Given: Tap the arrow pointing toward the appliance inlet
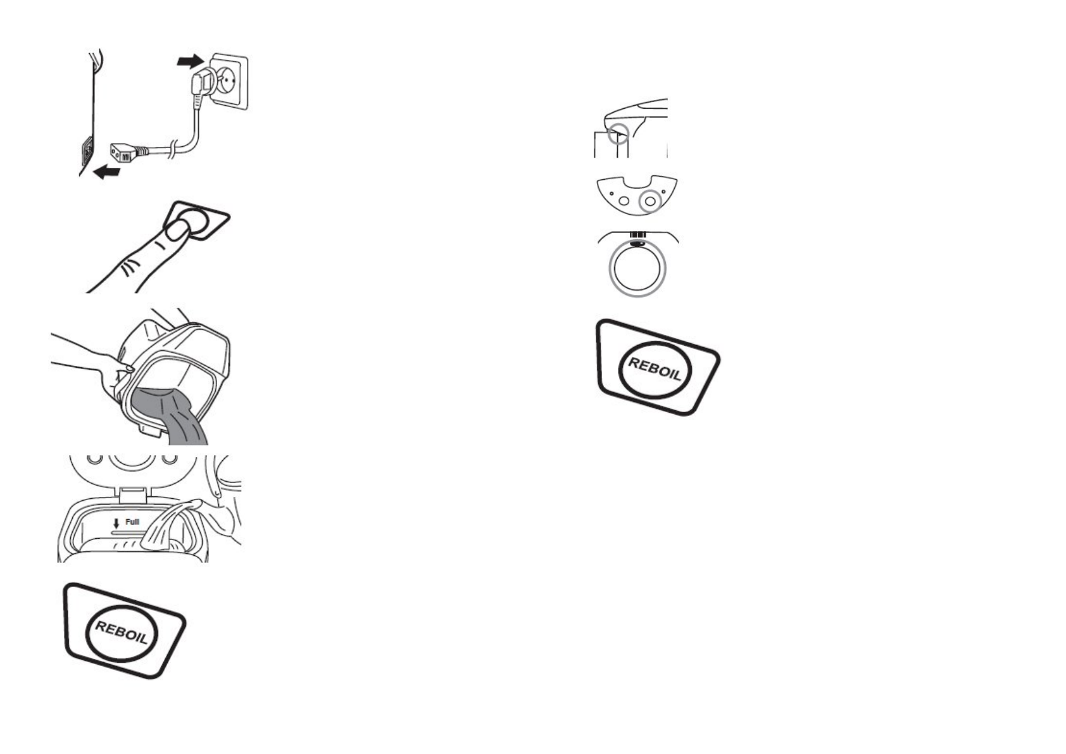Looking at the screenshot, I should pyautogui.click(x=106, y=171).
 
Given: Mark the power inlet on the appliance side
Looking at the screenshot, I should pyautogui.click(x=85, y=151).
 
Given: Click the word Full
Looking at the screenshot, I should pyautogui.click(x=132, y=522).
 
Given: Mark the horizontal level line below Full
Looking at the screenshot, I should pyautogui.click(x=127, y=533).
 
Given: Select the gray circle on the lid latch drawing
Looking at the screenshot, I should pyautogui.click(x=619, y=134).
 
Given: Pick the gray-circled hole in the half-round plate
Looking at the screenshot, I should pyautogui.click(x=649, y=202).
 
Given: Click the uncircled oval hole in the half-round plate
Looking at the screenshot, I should pyautogui.click(x=624, y=201).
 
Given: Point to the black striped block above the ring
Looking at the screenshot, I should pyautogui.click(x=637, y=236).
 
